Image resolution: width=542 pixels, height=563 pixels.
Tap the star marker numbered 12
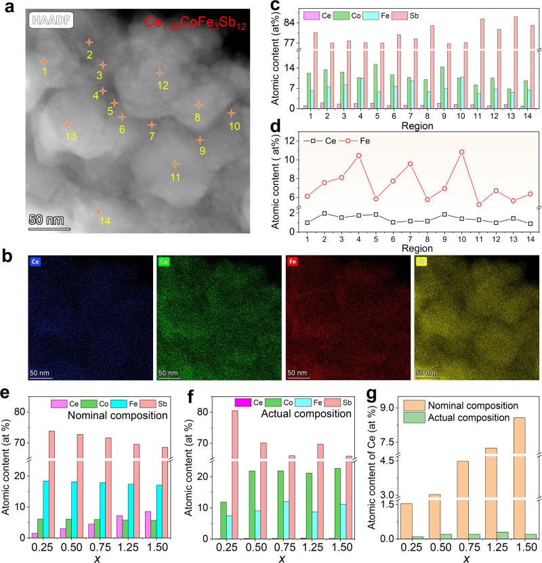pyautogui.click(x=160, y=72)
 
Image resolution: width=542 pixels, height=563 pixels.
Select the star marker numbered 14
pyautogui.click(x=99, y=212)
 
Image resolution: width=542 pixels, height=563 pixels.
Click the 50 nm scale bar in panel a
pyautogui.click(x=49, y=228)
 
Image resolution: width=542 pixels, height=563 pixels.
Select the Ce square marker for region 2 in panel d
pyautogui.click(x=326, y=213)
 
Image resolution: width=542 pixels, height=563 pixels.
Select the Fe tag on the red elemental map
pyautogui.click(x=293, y=262)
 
